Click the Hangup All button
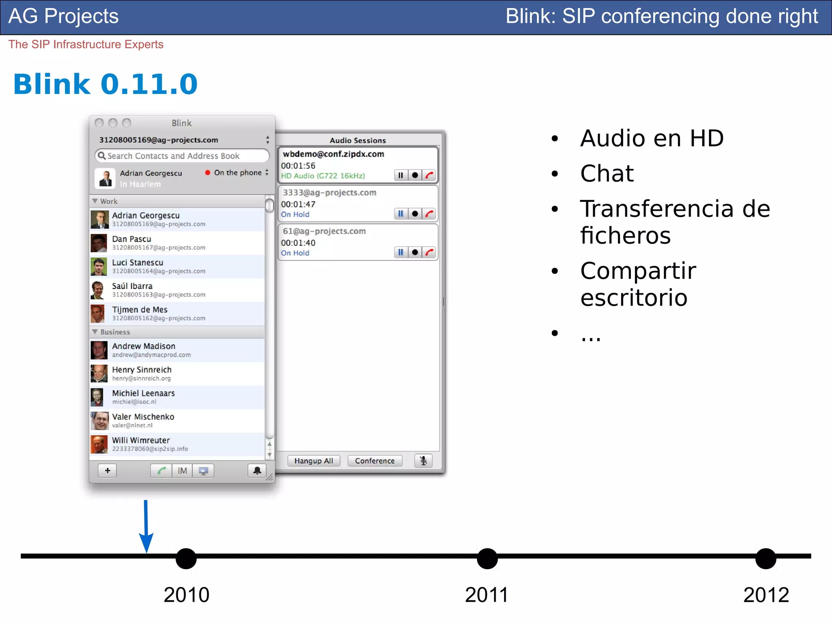pyautogui.click(x=313, y=461)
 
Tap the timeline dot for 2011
pyautogui.click(x=487, y=559)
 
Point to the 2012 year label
pyautogui.click(x=766, y=595)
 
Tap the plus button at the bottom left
pyautogui.click(x=107, y=470)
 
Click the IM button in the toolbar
pyautogui.click(x=182, y=471)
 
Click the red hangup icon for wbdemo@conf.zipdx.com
pyautogui.click(x=429, y=175)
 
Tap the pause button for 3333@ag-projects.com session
pyautogui.click(x=401, y=214)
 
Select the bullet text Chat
pyautogui.click(x=607, y=173)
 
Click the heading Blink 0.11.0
pyautogui.click(x=105, y=84)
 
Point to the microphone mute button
pyautogui.click(x=423, y=461)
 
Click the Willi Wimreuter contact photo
pyautogui.click(x=99, y=444)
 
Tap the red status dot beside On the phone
pyautogui.click(x=208, y=173)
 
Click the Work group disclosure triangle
pyautogui.click(x=95, y=201)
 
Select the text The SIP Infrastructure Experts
pyautogui.click(x=86, y=44)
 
